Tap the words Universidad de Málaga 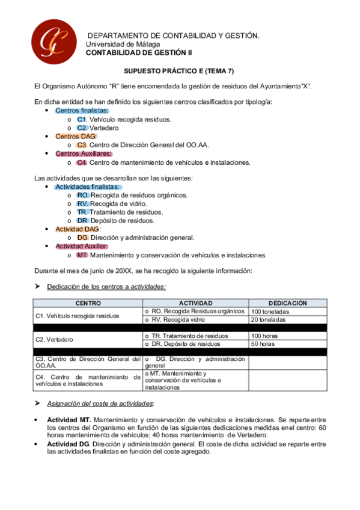pyautogui.click(x=123, y=45)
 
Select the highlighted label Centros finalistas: pyautogui.click(x=82, y=111)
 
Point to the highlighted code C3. pyautogui.click(x=82, y=145)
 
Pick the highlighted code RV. pyautogui.click(x=83, y=203)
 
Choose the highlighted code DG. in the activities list pyautogui.click(x=83, y=238)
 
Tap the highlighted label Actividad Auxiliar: pyautogui.click(x=82, y=246)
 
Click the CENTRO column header pyautogui.click(x=88, y=303)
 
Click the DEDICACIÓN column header pyautogui.click(x=287, y=303)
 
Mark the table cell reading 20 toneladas pyautogui.click(x=269, y=319)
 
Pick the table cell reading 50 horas pyautogui.click(x=263, y=343)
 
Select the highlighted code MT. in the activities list pyautogui.click(x=82, y=254)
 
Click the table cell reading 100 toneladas pyautogui.click(x=270, y=312)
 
